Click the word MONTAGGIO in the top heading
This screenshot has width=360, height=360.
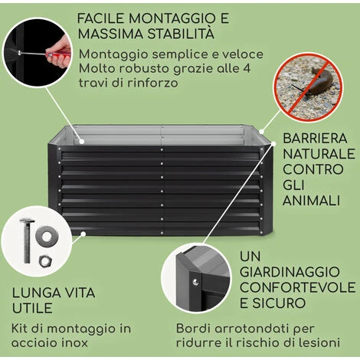coord(169,18)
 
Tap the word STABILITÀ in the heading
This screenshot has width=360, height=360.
coord(181,34)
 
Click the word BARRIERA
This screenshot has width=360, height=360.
coord(315,139)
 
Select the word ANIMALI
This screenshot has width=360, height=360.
coord(311,201)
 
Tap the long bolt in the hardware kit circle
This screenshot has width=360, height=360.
coord(27,241)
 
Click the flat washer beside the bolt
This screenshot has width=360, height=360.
coord(47,236)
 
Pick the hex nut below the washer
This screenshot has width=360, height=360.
coord(46,261)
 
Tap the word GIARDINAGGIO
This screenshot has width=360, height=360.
coord(290,272)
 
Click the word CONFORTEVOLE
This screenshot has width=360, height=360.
coord(297,287)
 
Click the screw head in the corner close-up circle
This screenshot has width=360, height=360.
coord(195,282)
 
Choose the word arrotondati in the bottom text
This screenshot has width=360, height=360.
coord(253,329)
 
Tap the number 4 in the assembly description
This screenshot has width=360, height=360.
coord(247,69)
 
